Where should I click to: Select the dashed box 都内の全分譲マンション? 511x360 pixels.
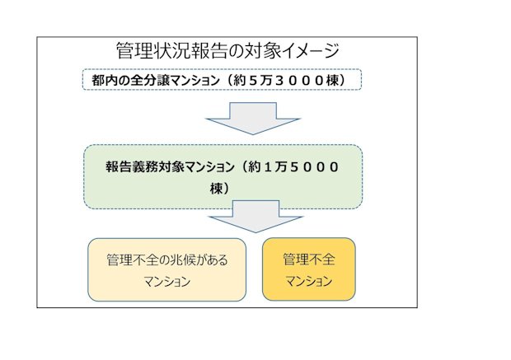tap(223, 80)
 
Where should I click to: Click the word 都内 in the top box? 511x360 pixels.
tap(102, 80)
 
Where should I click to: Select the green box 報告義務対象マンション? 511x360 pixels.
tap(223, 176)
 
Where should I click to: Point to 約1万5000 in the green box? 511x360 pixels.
tap(293, 166)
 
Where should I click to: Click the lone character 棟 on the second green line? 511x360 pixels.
tap(217, 188)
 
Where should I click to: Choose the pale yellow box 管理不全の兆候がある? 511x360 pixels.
tap(166, 269)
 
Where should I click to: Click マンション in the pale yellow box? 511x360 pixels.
tap(166, 281)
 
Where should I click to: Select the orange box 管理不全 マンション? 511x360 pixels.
tap(308, 269)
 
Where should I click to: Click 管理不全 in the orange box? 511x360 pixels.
tap(308, 259)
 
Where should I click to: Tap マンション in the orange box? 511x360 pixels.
tap(308, 281)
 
